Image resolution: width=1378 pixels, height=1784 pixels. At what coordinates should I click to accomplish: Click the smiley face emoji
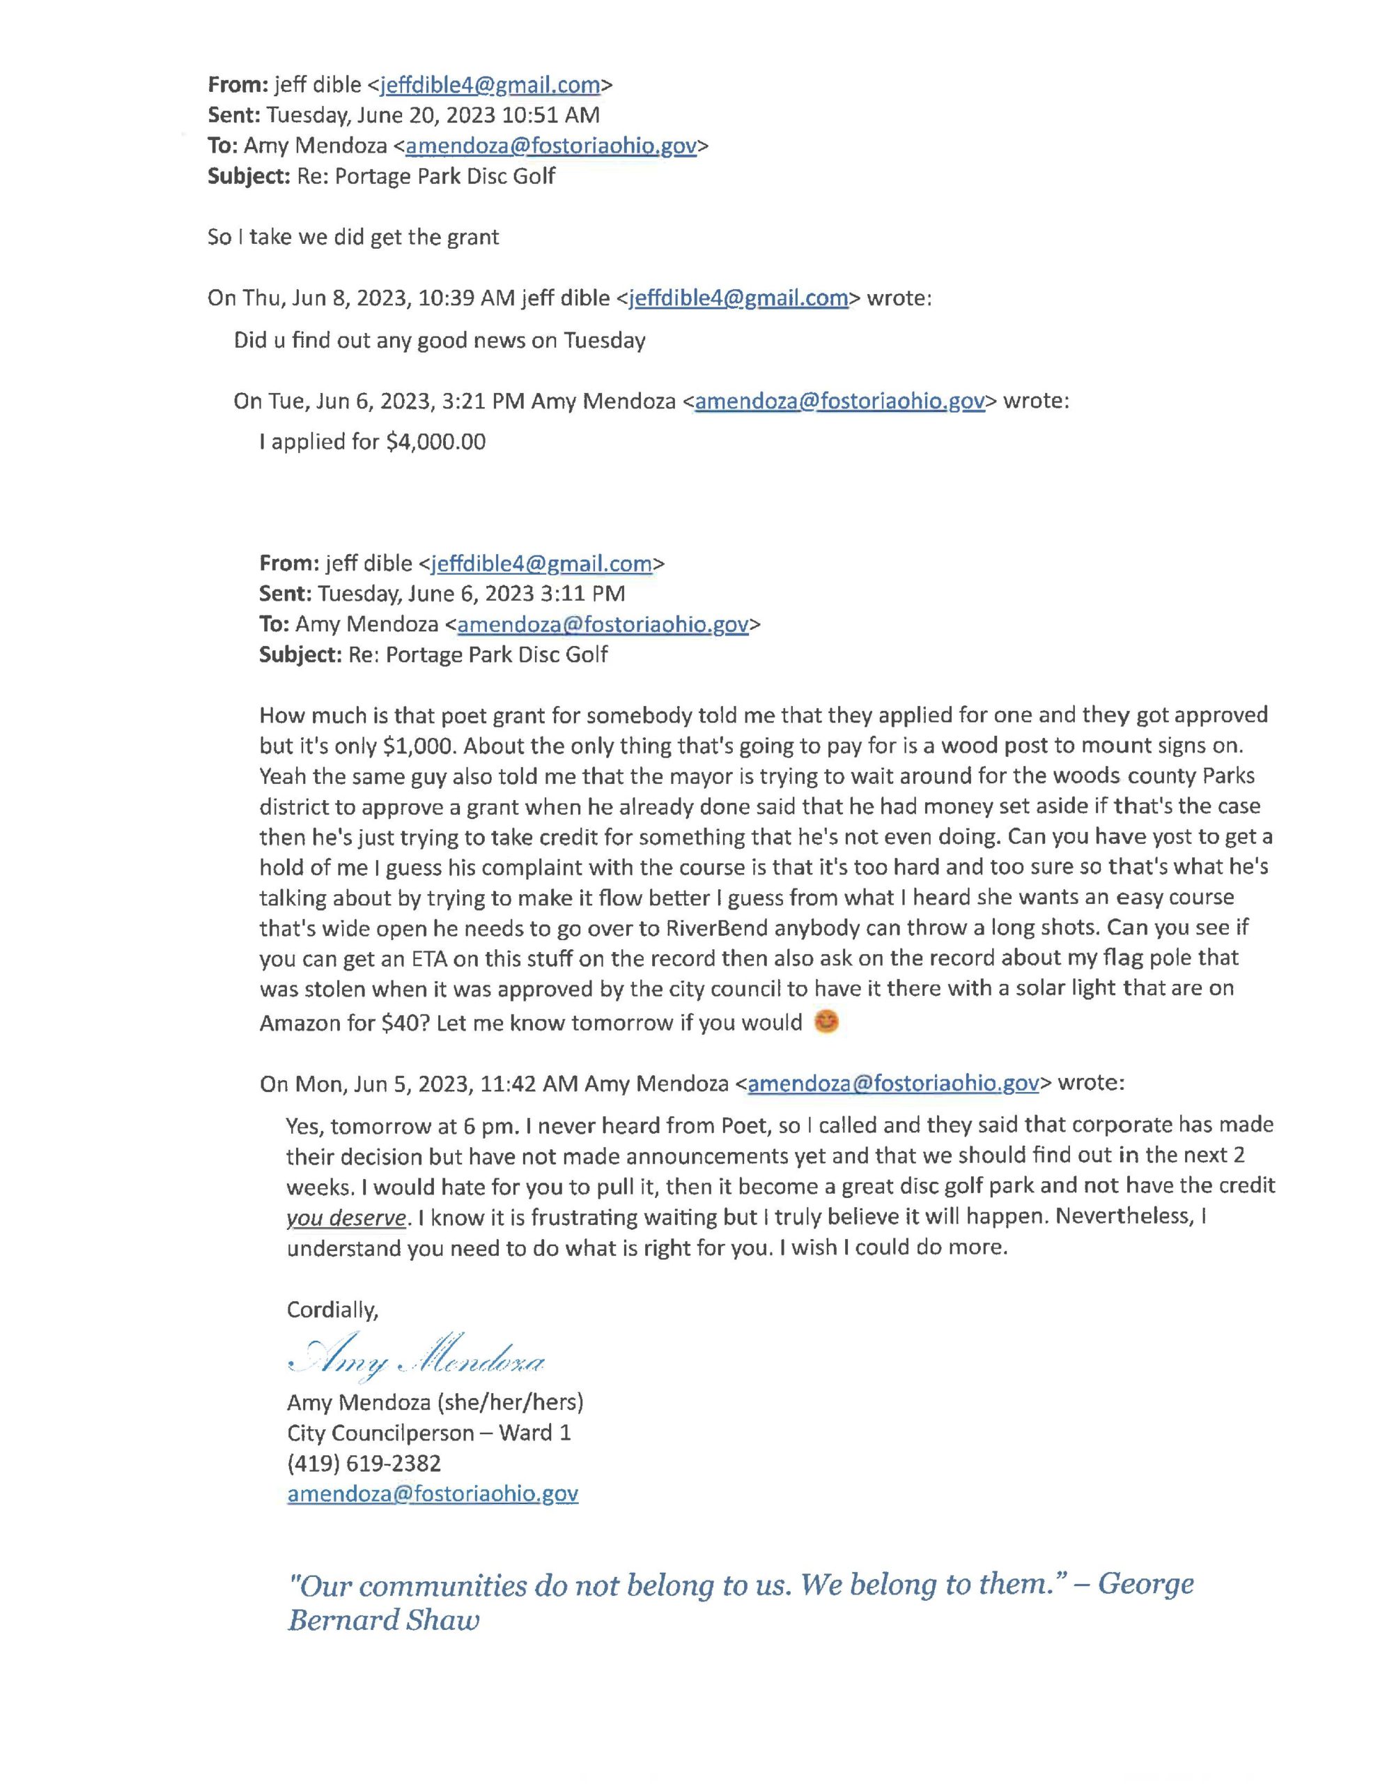[x=828, y=1021]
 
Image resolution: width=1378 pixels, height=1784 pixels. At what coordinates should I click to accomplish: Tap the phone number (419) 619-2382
[x=364, y=1463]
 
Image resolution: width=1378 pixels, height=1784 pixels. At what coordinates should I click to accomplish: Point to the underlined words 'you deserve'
[x=346, y=1218]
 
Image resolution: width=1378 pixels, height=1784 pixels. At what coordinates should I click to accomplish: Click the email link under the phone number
[x=432, y=1494]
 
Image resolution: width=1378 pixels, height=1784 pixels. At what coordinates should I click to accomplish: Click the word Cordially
[x=332, y=1310]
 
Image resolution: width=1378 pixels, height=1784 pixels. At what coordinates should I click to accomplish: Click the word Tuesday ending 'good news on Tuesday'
[x=605, y=340]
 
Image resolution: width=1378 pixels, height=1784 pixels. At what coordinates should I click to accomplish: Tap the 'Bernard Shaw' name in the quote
[x=383, y=1621]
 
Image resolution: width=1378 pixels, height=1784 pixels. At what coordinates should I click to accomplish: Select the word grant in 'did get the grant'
[x=472, y=237]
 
